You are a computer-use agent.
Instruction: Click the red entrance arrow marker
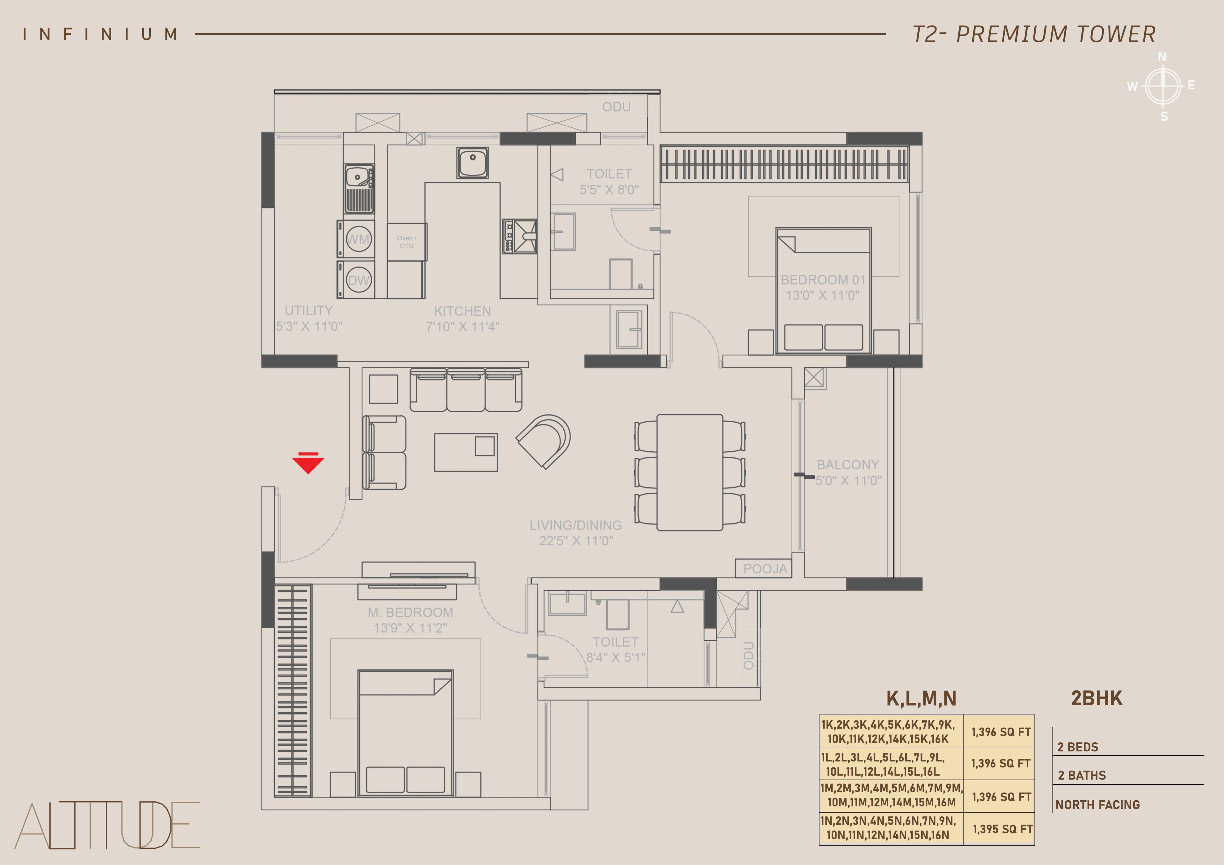tap(308, 462)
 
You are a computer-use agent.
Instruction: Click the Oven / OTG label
tap(407, 242)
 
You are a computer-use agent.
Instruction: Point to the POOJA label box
tap(764, 569)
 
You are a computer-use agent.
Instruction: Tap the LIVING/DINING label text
tap(576, 525)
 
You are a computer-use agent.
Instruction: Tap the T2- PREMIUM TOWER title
tap(1034, 34)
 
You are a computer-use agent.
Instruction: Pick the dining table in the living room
tap(690, 473)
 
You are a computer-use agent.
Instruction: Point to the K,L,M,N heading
tap(921, 699)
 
